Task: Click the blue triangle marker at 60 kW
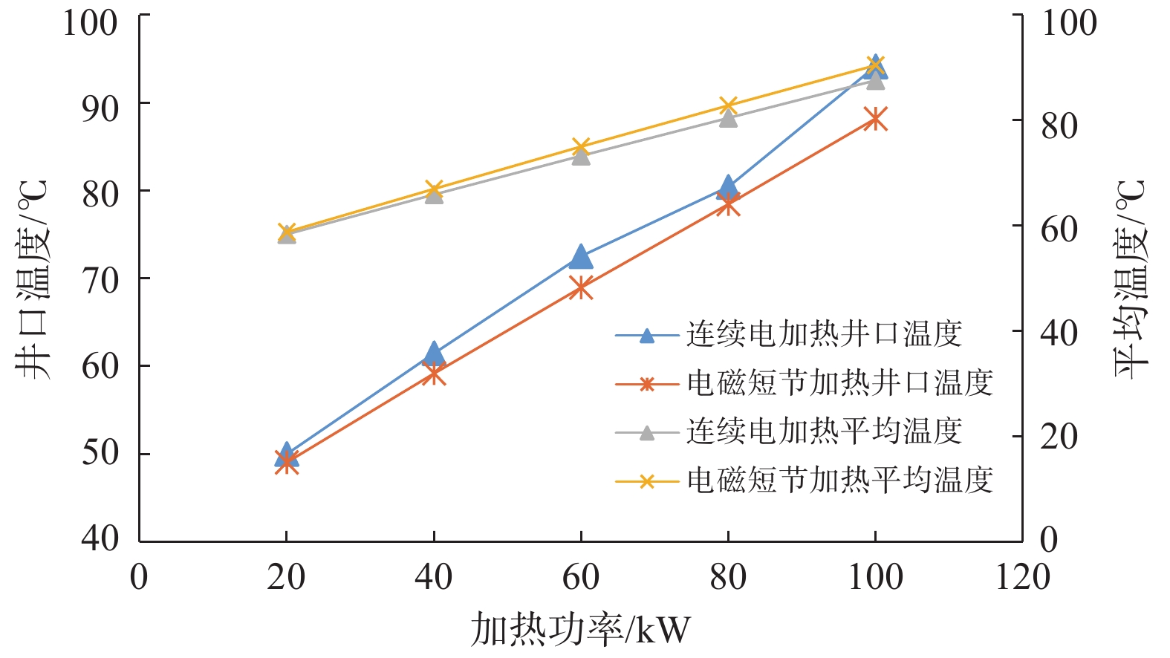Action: click(581, 257)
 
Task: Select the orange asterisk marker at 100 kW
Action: click(876, 119)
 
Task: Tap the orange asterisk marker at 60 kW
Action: click(581, 287)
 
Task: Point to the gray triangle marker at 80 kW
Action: click(728, 118)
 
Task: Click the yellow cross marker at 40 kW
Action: click(434, 189)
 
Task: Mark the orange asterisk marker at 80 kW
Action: click(728, 204)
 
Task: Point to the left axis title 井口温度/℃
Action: click(33, 278)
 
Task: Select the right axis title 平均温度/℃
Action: click(1131, 278)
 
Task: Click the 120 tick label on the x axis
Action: click(1023, 577)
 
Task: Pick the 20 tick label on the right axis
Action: click(1059, 437)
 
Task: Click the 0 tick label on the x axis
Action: click(139, 577)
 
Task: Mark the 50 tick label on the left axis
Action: click(100, 453)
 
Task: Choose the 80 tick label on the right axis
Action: click(1059, 126)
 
